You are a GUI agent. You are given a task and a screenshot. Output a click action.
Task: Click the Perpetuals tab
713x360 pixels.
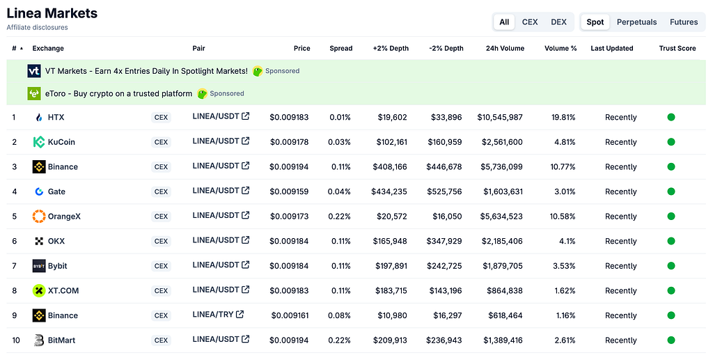(x=636, y=22)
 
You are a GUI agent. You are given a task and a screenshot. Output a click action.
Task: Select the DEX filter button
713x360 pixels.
(x=558, y=22)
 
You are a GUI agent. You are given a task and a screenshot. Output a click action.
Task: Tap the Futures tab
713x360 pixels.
(x=684, y=22)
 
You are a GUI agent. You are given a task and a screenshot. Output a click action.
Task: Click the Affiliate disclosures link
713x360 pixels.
(x=37, y=27)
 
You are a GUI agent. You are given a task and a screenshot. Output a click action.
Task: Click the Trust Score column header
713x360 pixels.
(x=677, y=48)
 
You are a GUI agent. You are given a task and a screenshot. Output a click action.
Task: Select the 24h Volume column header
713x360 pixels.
(x=505, y=48)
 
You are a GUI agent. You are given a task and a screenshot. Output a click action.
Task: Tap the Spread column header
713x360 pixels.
(x=340, y=48)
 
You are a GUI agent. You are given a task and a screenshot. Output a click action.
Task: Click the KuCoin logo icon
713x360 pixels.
(x=39, y=142)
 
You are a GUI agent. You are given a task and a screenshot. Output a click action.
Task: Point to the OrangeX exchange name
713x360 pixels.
(x=64, y=217)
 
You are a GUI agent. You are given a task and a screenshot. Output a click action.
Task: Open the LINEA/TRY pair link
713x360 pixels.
(x=218, y=314)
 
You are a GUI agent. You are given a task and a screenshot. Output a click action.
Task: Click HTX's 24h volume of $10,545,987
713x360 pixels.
(x=500, y=117)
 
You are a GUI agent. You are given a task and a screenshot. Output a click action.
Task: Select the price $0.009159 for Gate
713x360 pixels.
(x=289, y=191)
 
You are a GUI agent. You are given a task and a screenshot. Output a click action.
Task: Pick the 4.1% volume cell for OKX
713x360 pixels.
(x=567, y=241)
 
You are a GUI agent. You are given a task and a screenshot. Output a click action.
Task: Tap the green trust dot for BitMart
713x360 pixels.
(x=671, y=340)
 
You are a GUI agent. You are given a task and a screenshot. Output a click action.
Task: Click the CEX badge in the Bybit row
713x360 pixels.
(x=161, y=266)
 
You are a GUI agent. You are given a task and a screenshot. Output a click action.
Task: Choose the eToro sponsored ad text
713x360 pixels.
(x=118, y=93)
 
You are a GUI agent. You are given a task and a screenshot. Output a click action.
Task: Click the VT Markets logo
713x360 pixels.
(x=34, y=71)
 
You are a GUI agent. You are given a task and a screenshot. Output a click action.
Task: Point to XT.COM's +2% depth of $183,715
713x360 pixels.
(x=391, y=290)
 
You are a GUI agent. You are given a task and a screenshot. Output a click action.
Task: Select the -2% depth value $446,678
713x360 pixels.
(x=444, y=167)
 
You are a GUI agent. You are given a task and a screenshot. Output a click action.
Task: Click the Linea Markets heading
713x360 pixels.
(x=52, y=13)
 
